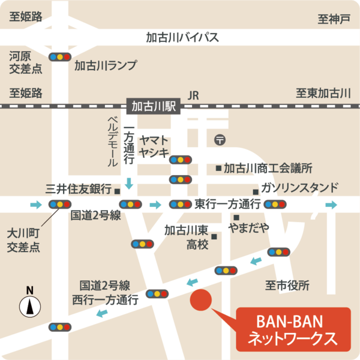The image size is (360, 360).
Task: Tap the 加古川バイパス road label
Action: point(182,37)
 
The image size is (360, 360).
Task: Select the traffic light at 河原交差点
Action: point(60,57)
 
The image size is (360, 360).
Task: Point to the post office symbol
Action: point(220,140)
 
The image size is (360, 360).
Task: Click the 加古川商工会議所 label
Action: point(268,169)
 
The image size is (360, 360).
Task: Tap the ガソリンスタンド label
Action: point(299,187)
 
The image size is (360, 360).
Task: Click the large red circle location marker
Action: point(200,299)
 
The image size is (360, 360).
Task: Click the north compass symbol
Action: point(29,307)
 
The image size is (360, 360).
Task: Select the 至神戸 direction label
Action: point(334,19)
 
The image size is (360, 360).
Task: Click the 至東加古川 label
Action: point(323,93)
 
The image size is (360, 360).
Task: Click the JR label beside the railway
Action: point(193,95)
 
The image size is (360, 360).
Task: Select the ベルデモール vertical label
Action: point(112,141)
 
